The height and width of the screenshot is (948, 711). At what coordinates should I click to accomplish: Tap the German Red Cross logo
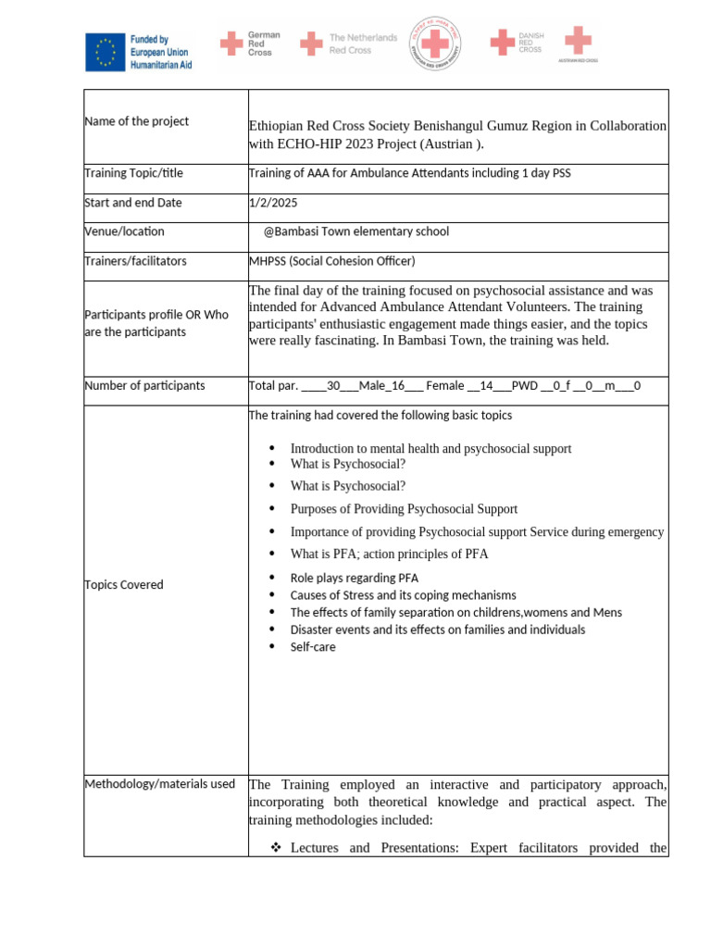click(x=249, y=44)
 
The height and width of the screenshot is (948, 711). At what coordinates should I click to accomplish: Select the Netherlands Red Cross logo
click(x=355, y=44)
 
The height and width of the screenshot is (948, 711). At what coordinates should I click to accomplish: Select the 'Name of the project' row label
click(x=136, y=121)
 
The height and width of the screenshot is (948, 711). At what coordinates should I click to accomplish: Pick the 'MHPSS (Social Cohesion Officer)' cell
click(x=331, y=261)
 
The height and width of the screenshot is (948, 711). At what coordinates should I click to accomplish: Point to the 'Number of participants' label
click(x=144, y=385)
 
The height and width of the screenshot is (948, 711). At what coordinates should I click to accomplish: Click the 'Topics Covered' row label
click(x=123, y=584)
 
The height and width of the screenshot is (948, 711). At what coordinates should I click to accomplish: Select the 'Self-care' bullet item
click(x=313, y=647)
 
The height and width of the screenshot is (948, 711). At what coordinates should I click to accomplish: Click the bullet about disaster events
click(x=437, y=630)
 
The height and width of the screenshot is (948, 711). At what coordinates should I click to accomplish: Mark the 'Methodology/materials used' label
click(x=159, y=784)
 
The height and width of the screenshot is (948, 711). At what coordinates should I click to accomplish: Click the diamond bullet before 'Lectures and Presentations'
click(x=275, y=848)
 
